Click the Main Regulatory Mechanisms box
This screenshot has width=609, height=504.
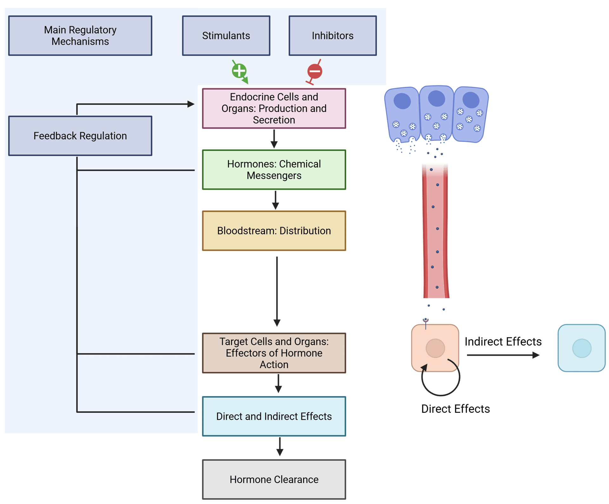click(80, 36)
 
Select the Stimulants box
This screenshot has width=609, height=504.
click(226, 36)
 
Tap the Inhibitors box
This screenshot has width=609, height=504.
click(332, 36)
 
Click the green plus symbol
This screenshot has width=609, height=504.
click(239, 71)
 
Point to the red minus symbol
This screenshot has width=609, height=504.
click(315, 71)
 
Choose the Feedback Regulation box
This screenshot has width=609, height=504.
click(80, 136)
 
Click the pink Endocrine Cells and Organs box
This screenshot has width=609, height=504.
click(274, 108)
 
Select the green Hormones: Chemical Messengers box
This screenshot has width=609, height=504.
click(274, 170)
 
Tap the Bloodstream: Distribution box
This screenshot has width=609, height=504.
click(274, 231)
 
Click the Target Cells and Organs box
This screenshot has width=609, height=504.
click(274, 353)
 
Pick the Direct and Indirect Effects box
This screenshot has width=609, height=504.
click(274, 416)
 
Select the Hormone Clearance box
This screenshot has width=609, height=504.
click(274, 479)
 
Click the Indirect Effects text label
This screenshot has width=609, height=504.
click(503, 342)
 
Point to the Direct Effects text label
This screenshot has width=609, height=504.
click(455, 409)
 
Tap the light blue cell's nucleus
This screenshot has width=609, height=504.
click(582, 348)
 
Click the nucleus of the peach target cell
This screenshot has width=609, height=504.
click(435, 348)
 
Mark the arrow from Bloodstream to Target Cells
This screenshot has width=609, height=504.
click(277, 292)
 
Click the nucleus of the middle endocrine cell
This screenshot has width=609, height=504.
click(436, 98)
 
